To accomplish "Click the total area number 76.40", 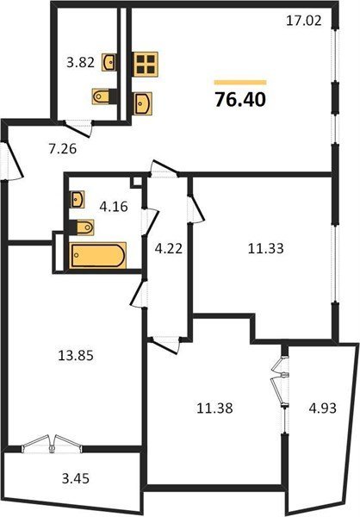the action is tap(240, 99).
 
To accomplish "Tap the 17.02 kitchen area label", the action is tap(303, 21).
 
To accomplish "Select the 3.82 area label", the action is tap(81, 62).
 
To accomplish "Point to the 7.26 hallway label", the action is tap(63, 149).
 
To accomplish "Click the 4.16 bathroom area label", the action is tap(114, 207).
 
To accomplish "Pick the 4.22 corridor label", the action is tap(169, 248).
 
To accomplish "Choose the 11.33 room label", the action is tap(266, 248).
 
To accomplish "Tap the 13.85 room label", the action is tap(76, 356).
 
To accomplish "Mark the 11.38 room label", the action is tap(214, 408).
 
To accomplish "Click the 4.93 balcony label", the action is tap(323, 408).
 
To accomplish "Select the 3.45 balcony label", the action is tap(76, 478).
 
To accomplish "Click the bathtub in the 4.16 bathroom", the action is tap(97, 255).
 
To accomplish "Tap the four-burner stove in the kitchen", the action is tap(145, 65).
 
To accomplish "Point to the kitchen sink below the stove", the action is tap(143, 103).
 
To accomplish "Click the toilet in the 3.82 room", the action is tap(103, 97).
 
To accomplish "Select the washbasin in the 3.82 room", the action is tap(109, 62).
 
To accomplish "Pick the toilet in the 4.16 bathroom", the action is tap(83, 227).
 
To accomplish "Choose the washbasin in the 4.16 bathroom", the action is tap(78, 199).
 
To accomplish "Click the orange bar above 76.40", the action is tap(240, 83).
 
